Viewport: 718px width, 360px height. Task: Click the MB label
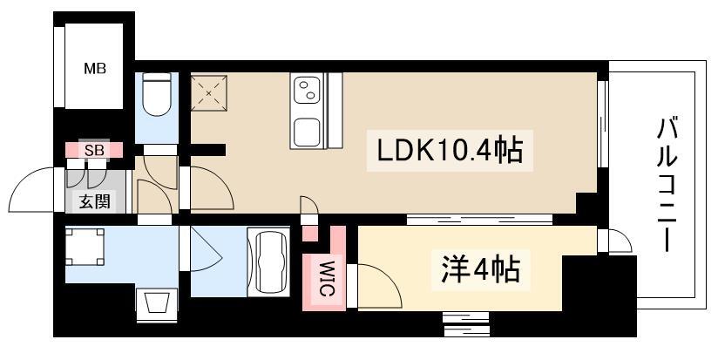pyautogui.click(x=95, y=69)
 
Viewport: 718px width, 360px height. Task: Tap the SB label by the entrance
pyautogui.click(x=95, y=150)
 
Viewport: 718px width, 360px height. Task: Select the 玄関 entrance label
pyautogui.click(x=95, y=201)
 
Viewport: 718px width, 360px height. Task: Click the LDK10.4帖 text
pyautogui.click(x=450, y=151)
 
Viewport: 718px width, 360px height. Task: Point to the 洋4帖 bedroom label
pyautogui.click(x=481, y=269)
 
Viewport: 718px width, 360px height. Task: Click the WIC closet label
pyautogui.click(x=325, y=278)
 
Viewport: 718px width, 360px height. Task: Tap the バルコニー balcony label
pyautogui.click(x=667, y=184)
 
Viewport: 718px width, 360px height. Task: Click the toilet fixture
pyautogui.click(x=157, y=94)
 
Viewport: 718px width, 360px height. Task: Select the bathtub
pyautogui.click(x=268, y=262)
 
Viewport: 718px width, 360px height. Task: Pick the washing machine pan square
pyautogui.click(x=85, y=247)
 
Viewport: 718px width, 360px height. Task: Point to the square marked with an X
pyautogui.click(x=209, y=93)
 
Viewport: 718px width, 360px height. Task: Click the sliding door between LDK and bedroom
pyautogui.click(x=479, y=220)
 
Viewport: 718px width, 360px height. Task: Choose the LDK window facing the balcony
pyautogui.click(x=603, y=124)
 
